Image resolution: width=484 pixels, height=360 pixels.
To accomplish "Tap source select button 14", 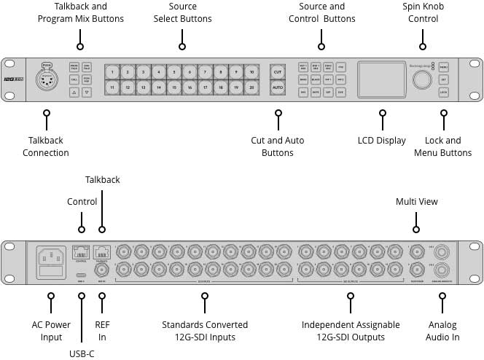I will [x=159, y=88].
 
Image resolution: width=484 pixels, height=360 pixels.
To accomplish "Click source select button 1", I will [x=112, y=72].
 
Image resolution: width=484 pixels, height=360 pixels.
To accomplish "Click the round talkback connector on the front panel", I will [x=47, y=80].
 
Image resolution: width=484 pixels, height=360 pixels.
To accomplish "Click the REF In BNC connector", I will [x=101, y=270].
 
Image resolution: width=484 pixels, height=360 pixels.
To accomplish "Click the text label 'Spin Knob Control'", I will [x=423, y=12].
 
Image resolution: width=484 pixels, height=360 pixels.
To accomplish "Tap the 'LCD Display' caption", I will [x=381, y=141].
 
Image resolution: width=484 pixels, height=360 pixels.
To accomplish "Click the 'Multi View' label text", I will [x=417, y=200].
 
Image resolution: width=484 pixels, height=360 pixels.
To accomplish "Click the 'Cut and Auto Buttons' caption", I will [x=278, y=146].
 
